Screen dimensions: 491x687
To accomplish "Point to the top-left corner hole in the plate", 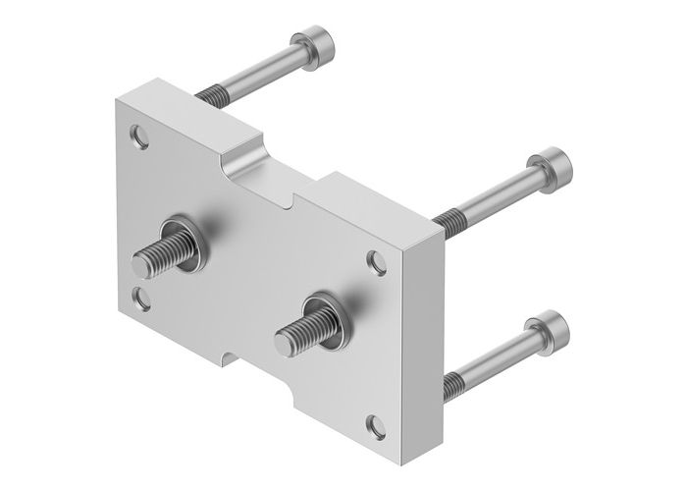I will (145, 138).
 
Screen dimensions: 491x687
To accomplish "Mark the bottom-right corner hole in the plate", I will (374, 425).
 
